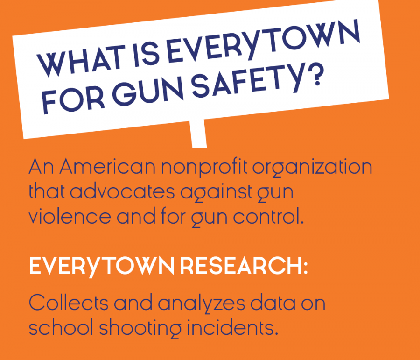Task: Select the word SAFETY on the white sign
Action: tap(248, 82)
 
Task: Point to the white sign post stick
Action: tap(198, 134)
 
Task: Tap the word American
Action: tap(107, 167)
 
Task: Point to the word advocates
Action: tap(122, 192)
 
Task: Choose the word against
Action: tap(216, 193)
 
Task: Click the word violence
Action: tap(70, 217)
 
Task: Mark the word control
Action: tap(268, 217)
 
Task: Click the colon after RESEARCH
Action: tap(305, 268)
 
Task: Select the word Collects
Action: tap(69, 303)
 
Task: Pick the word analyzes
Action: tap(202, 304)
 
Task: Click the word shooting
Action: tap(140, 329)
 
